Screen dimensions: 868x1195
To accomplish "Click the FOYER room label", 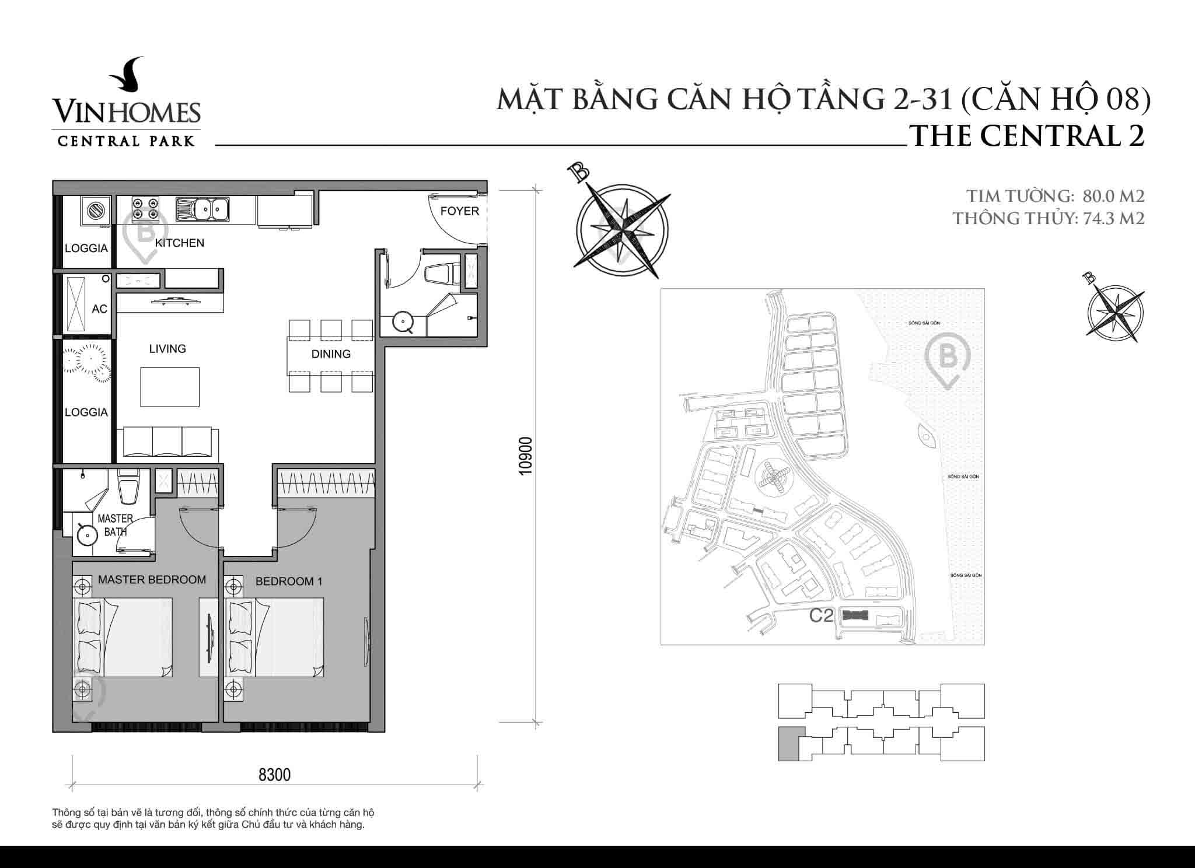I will [459, 211].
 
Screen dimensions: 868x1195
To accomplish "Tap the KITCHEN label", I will [179, 243].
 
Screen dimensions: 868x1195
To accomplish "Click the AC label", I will [99, 309].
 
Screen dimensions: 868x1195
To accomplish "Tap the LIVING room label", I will [167, 349].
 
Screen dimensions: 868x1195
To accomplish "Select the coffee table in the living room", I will [170, 387].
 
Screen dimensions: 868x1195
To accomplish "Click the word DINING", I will [331, 354].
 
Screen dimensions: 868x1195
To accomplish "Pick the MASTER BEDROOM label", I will [152, 580].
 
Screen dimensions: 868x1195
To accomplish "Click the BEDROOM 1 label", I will [289, 582].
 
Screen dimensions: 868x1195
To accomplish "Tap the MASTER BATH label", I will [115, 525].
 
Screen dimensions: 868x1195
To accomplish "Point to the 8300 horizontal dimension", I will [274, 775].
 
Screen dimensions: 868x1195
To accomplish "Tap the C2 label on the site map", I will [821, 615].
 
